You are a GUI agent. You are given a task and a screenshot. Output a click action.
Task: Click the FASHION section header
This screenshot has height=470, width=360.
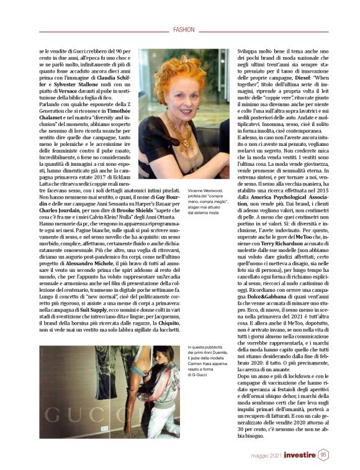184,29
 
